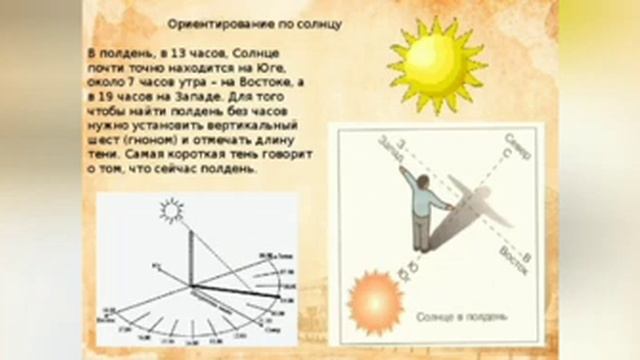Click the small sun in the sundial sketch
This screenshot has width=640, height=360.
[172, 211]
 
